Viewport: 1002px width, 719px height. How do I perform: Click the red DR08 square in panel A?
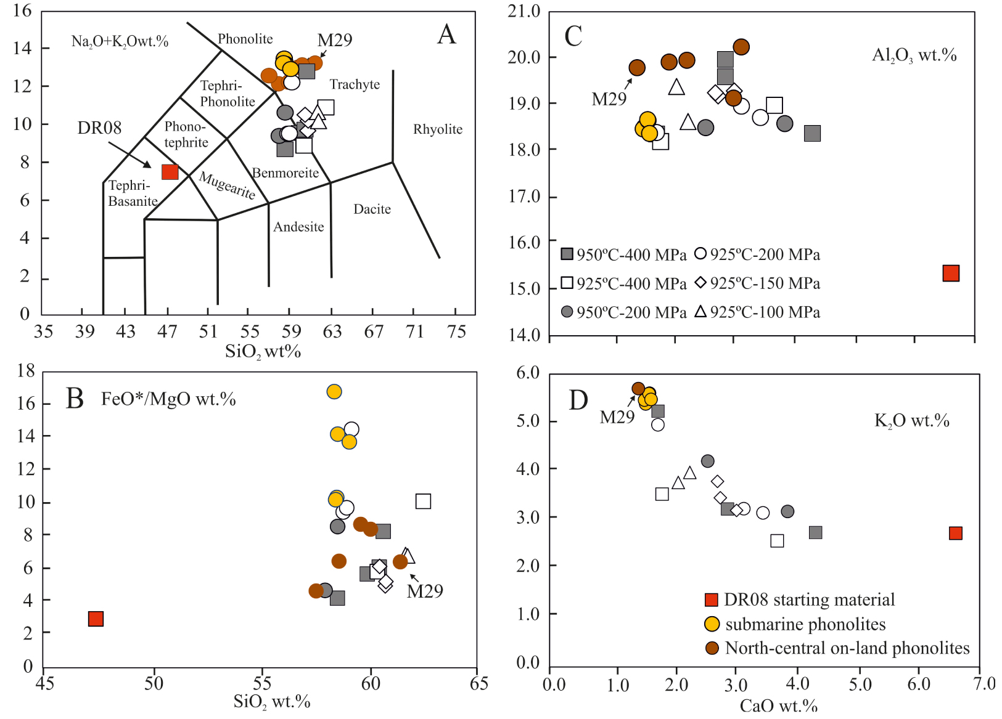tap(170, 172)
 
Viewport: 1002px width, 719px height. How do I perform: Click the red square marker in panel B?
tap(96, 619)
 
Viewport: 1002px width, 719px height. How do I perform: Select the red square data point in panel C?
tap(951, 273)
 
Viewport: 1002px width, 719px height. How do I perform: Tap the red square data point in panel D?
tap(955, 533)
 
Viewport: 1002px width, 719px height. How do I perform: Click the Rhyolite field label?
tap(438, 129)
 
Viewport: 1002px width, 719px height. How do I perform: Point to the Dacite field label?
tap(372, 209)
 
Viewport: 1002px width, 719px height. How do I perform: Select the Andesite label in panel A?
tap(298, 227)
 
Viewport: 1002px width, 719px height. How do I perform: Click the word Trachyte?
tap(355, 84)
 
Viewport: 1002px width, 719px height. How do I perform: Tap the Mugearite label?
tap(227, 185)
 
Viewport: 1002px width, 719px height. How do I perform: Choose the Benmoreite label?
tap(285, 173)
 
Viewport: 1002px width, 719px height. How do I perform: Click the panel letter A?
tap(446, 35)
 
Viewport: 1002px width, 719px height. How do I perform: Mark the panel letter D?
tap(578, 400)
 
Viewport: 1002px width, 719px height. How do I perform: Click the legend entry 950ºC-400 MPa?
tap(623, 254)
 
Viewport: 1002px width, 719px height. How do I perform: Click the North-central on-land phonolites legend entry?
tap(839, 648)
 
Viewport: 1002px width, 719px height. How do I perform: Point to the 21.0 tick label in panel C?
tap(524, 11)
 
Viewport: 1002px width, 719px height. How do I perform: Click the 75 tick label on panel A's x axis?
tap(456, 332)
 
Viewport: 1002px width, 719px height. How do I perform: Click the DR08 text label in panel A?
tap(99, 128)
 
